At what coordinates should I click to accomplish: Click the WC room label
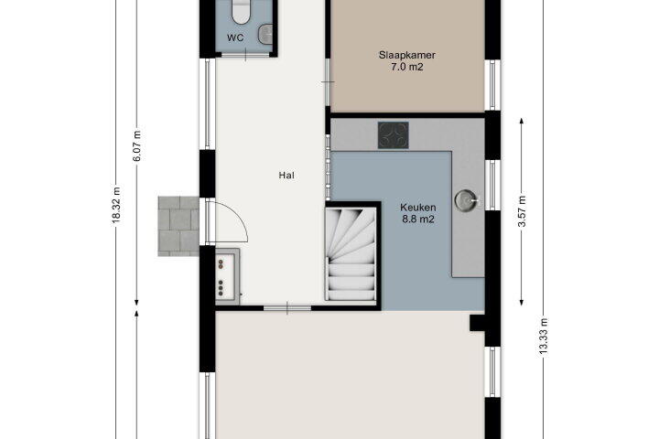pos(235,37)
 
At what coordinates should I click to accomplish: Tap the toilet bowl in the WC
pos(242,12)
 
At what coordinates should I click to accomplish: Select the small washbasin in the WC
pos(265,34)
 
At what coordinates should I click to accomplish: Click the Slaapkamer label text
pos(406,55)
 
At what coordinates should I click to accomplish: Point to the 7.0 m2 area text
pos(406,67)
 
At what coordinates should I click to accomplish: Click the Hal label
pos(286,176)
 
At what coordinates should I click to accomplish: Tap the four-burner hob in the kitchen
pos(393,135)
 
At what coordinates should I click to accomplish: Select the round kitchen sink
pos(466,201)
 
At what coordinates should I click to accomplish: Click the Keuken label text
pos(417,207)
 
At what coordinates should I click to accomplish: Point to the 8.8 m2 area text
pos(417,219)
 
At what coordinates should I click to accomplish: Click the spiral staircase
pos(351,254)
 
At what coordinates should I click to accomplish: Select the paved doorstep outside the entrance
pos(178,226)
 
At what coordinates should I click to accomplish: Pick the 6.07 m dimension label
pos(137,145)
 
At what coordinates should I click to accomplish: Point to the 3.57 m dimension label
pos(522,211)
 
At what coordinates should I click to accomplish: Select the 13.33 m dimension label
pos(544,336)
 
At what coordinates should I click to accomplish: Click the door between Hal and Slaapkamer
pos(328,82)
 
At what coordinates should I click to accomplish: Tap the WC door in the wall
pos(245,55)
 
